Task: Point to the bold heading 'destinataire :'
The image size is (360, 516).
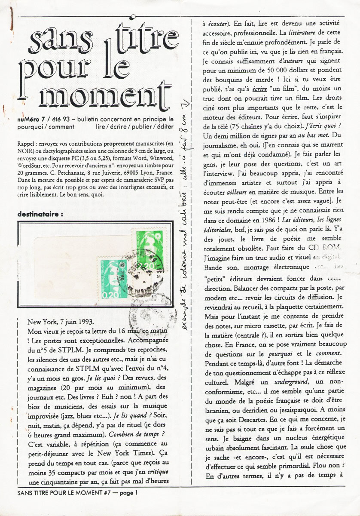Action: coord(44,213)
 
